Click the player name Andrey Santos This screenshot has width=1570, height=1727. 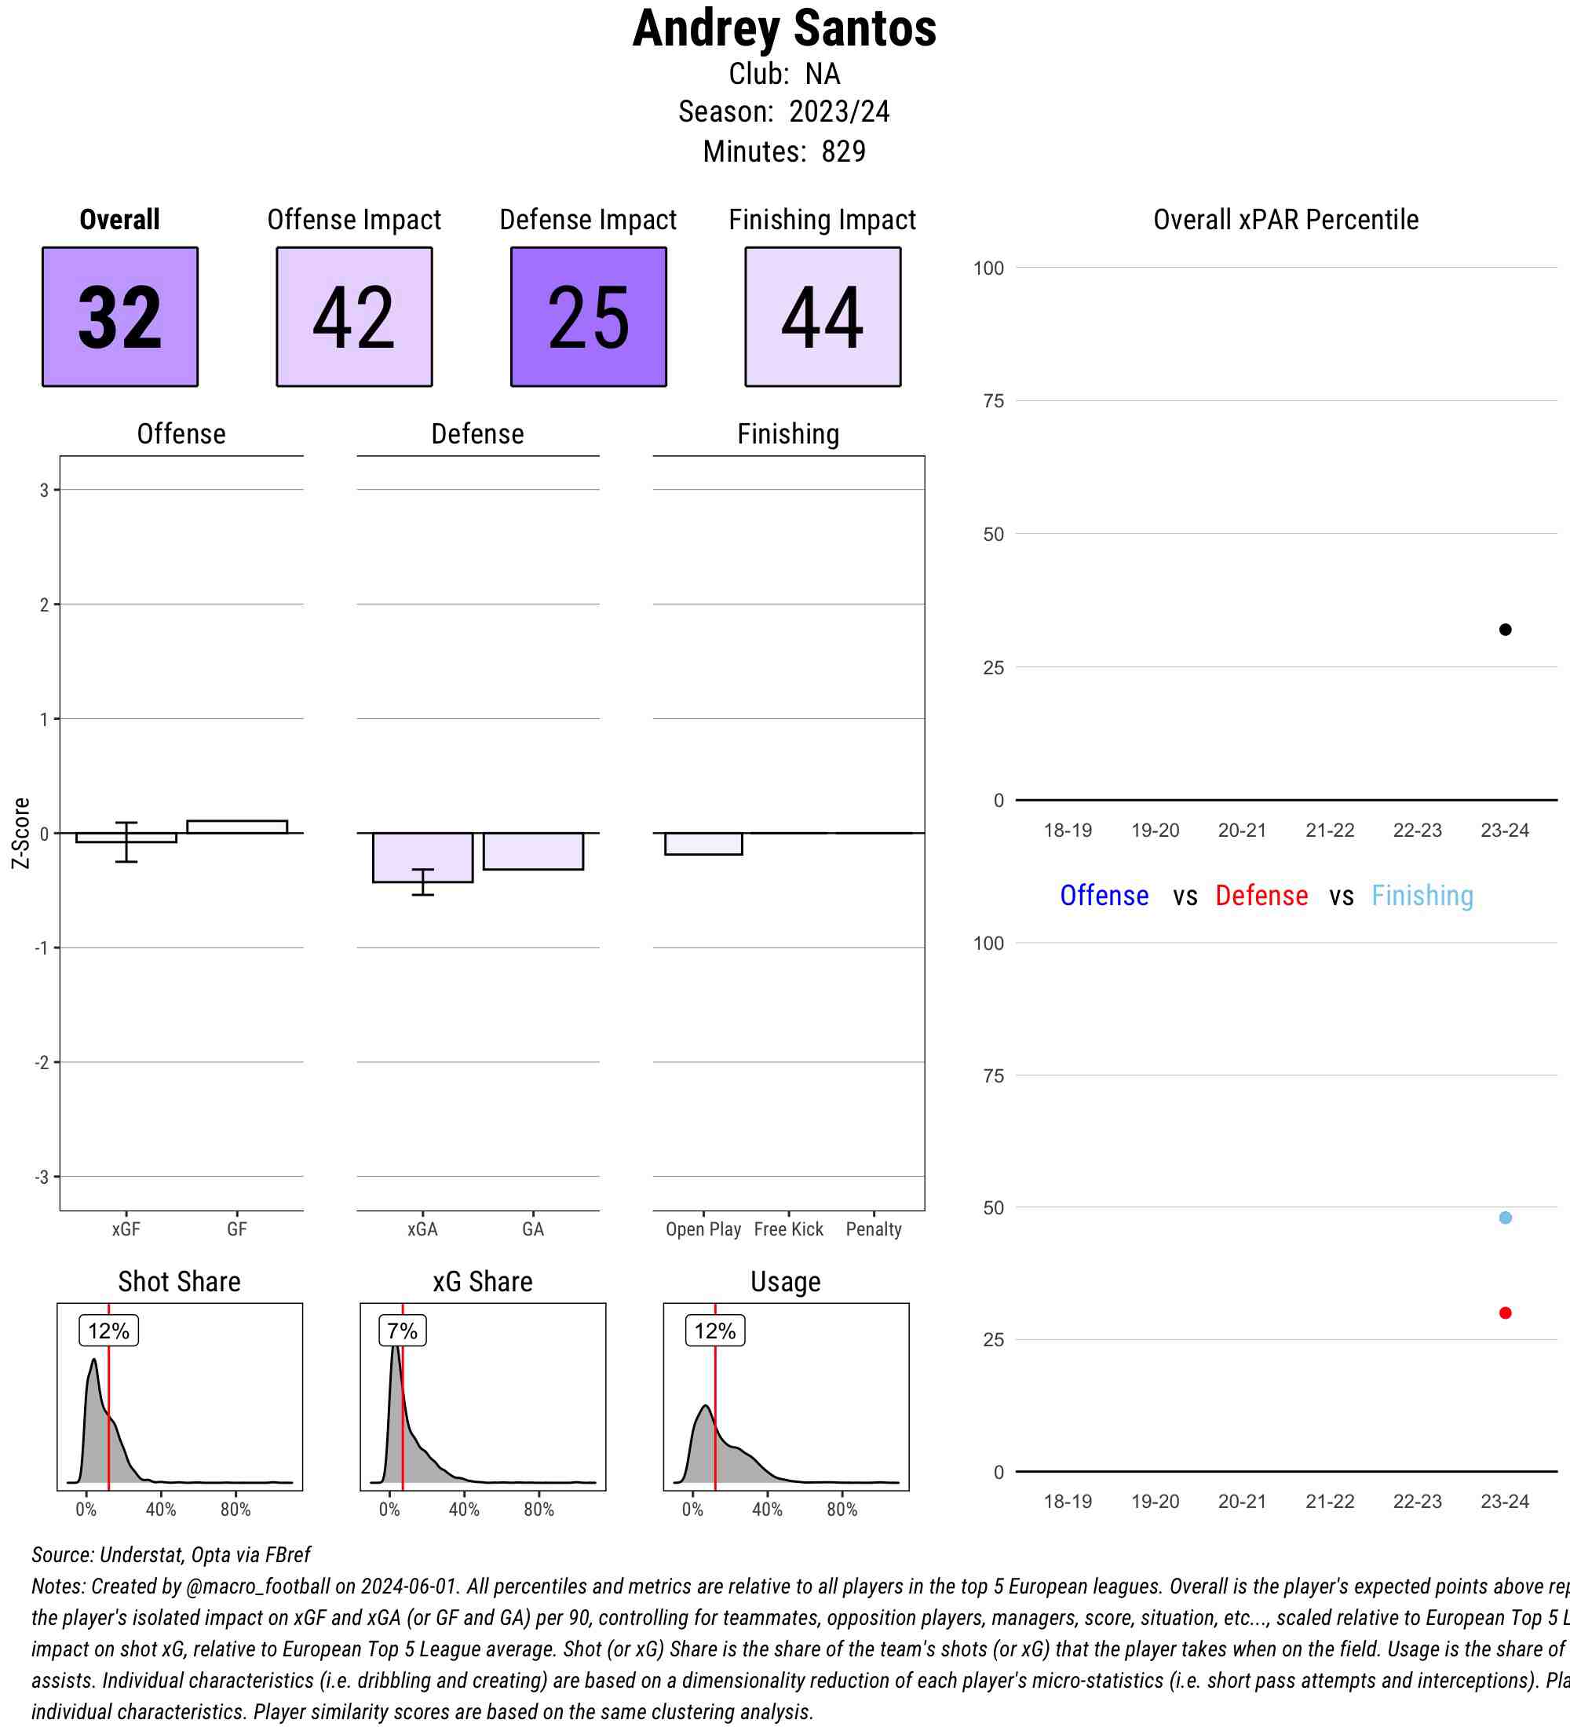point(783,28)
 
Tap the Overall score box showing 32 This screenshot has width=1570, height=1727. point(120,317)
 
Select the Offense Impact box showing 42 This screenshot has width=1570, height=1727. point(354,317)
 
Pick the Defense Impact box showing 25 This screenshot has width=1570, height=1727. point(589,317)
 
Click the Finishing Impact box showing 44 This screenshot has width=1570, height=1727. point(822,317)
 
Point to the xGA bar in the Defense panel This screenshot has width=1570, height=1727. point(422,856)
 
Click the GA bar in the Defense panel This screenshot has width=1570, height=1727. point(533,851)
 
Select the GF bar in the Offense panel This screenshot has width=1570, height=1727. point(236,827)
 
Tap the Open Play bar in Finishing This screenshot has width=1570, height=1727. point(703,843)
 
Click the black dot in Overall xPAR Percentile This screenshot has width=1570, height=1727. point(1505,630)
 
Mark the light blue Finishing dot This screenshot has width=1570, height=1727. point(1505,1218)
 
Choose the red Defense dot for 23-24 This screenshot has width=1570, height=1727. point(1505,1313)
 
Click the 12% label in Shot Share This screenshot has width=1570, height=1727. point(109,1331)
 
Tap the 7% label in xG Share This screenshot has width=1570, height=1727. point(402,1331)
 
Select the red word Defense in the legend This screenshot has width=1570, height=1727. point(1261,895)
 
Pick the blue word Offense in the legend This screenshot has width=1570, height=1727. point(1104,895)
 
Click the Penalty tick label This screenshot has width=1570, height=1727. point(873,1229)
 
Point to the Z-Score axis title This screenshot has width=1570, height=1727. point(20,833)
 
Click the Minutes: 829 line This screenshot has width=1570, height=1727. point(783,152)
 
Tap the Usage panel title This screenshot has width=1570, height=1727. point(786,1282)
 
